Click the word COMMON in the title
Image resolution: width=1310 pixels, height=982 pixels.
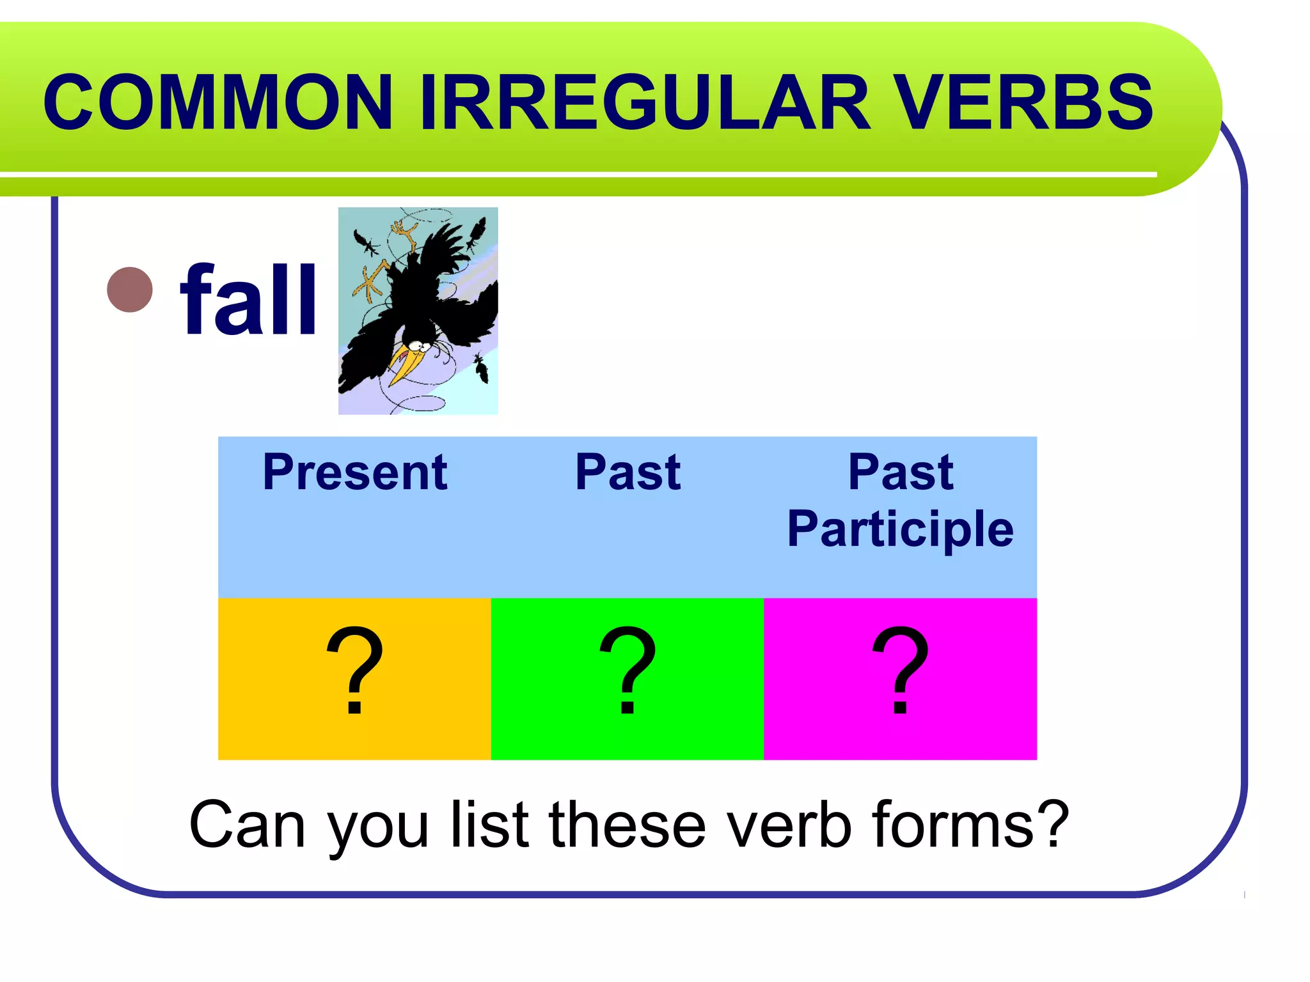coord(217,102)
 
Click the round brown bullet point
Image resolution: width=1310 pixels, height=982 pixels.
coord(130,290)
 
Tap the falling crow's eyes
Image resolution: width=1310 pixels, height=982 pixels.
coord(419,346)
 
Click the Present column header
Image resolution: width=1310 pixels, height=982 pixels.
coord(354,473)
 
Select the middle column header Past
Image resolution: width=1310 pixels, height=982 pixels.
coord(627,473)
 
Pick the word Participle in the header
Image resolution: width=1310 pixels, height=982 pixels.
coord(900,529)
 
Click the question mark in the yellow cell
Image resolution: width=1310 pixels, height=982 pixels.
coord(354,671)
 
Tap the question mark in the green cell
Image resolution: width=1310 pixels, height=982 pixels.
coord(627,671)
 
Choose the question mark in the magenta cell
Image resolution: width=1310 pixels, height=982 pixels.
coord(900,671)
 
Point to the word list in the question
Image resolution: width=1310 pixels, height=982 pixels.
coord(490,825)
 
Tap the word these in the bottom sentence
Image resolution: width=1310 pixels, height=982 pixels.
coord(627,825)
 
